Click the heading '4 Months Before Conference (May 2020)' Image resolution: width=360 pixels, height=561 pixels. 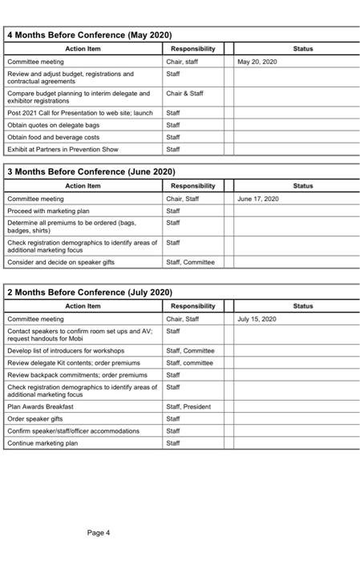(89, 35)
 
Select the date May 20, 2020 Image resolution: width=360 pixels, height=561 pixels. (257, 62)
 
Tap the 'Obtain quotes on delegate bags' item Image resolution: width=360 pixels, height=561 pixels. (53, 125)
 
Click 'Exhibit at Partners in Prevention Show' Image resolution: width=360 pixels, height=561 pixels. (62, 149)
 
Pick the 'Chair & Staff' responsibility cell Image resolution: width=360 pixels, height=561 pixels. (184, 94)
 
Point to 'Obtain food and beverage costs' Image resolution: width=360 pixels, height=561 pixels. (53, 137)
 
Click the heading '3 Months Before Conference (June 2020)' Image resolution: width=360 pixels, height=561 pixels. (91, 172)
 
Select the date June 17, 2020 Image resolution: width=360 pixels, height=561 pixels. (258, 199)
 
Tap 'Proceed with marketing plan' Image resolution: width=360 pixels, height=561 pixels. (48, 211)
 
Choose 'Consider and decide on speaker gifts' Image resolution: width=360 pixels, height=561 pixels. (60, 262)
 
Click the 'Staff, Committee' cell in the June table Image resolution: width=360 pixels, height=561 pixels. (190, 262)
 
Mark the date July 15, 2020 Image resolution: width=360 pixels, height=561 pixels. (257, 319)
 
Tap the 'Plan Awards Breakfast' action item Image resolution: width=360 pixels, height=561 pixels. (40, 406)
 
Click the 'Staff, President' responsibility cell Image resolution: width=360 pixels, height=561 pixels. (188, 406)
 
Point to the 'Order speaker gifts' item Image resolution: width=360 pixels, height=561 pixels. (36, 418)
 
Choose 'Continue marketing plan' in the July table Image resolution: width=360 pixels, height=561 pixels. (42, 442)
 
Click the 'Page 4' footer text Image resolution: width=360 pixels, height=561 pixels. (99, 532)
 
